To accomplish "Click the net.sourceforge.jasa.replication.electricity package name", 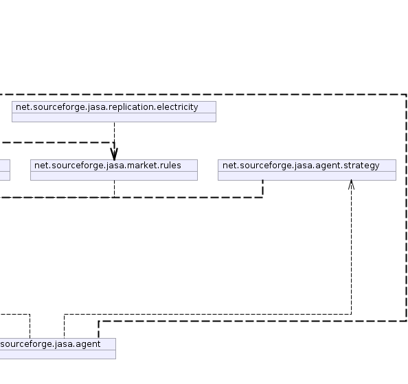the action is click(107, 107).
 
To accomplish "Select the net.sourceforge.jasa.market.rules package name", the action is click(108, 166).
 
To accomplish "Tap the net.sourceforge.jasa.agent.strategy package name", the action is click(301, 166).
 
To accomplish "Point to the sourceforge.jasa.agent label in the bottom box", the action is click(50, 344).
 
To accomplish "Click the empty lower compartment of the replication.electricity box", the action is click(114, 117).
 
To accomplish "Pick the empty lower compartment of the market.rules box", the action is click(114, 176).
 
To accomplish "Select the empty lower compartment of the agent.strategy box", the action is click(307, 176).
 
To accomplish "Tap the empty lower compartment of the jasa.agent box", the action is click(58, 354).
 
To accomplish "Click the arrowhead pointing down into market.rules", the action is click(114, 154).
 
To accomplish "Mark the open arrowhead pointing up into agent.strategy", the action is click(351, 184).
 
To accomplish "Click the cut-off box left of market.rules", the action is click(5, 170).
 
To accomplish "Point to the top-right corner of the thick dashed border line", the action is click(406, 94).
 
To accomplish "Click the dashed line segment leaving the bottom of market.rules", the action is click(114, 189).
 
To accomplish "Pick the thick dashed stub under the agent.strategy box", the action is click(262, 189).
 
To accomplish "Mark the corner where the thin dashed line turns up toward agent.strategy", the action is click(351, 315).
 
